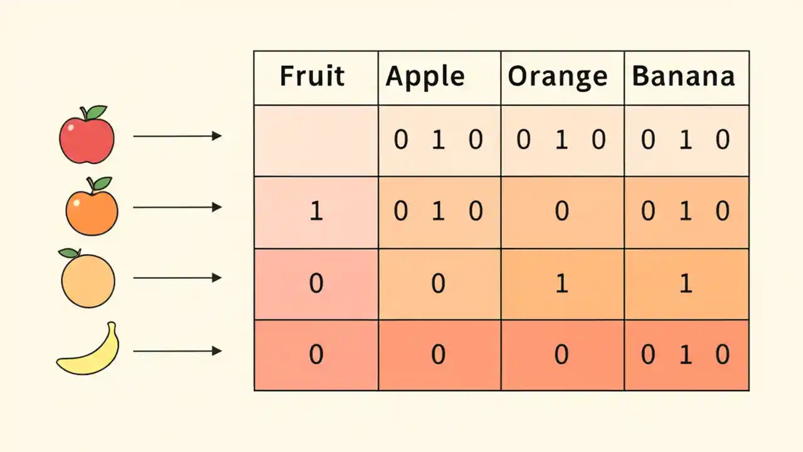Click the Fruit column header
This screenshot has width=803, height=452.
point(312,77)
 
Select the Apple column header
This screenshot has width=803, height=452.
point(425,77)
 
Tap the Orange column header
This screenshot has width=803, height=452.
point(558,77)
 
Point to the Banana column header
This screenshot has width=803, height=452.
point(683,77)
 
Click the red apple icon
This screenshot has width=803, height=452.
point(87,137)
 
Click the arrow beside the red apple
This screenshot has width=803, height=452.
point(177,136)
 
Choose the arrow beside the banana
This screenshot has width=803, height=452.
point(177,350)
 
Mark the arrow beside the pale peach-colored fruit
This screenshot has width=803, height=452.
point(177,277)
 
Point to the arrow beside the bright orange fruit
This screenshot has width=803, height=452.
point(177,207)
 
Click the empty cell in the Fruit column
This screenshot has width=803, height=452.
point(316,140)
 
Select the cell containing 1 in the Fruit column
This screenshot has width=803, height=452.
point(316,212)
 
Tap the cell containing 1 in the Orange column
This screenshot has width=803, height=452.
point(561,284)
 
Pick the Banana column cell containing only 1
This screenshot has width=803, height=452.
point(686,284)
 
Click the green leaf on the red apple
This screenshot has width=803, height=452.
point(96,112)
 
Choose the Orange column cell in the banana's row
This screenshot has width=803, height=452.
point(561,355)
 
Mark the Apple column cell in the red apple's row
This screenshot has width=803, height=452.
point(439,140)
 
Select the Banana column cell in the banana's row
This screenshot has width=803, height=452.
point(686,355)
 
